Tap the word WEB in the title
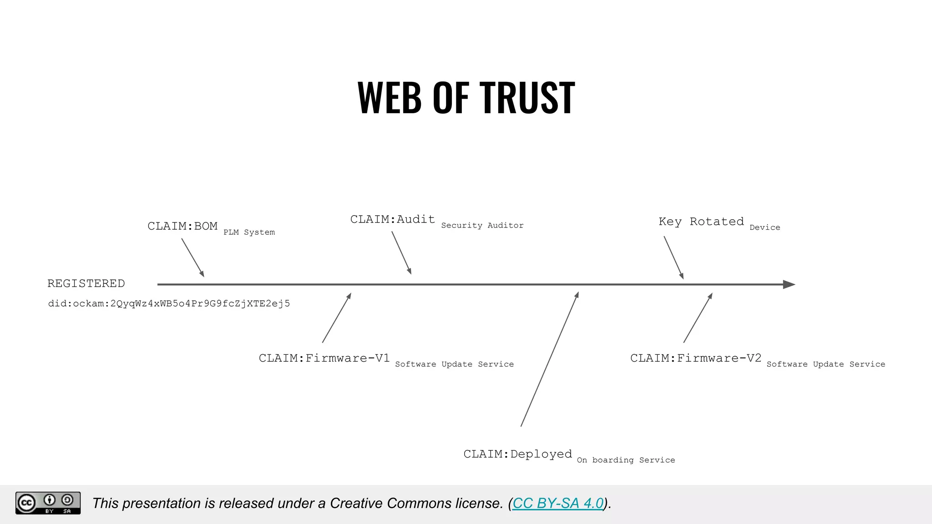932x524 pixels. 390,97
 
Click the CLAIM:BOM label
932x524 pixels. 182,226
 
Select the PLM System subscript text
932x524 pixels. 249,232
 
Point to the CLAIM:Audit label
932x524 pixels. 392,219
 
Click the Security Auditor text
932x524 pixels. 482,226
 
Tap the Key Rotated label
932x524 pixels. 701,222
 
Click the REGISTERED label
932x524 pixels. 86,283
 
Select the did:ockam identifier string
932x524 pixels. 169,303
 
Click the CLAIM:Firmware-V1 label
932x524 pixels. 324,358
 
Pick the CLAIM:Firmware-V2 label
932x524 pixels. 695,358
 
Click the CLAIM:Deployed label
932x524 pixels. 517,454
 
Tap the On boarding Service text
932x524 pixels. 626,460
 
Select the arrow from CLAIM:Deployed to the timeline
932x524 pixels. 549,359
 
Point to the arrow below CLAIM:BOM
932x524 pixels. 193,258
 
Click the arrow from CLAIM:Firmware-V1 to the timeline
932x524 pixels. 337,317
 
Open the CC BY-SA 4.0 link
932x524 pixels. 558,503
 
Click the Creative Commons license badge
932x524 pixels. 48,503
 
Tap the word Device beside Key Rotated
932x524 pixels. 765,227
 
